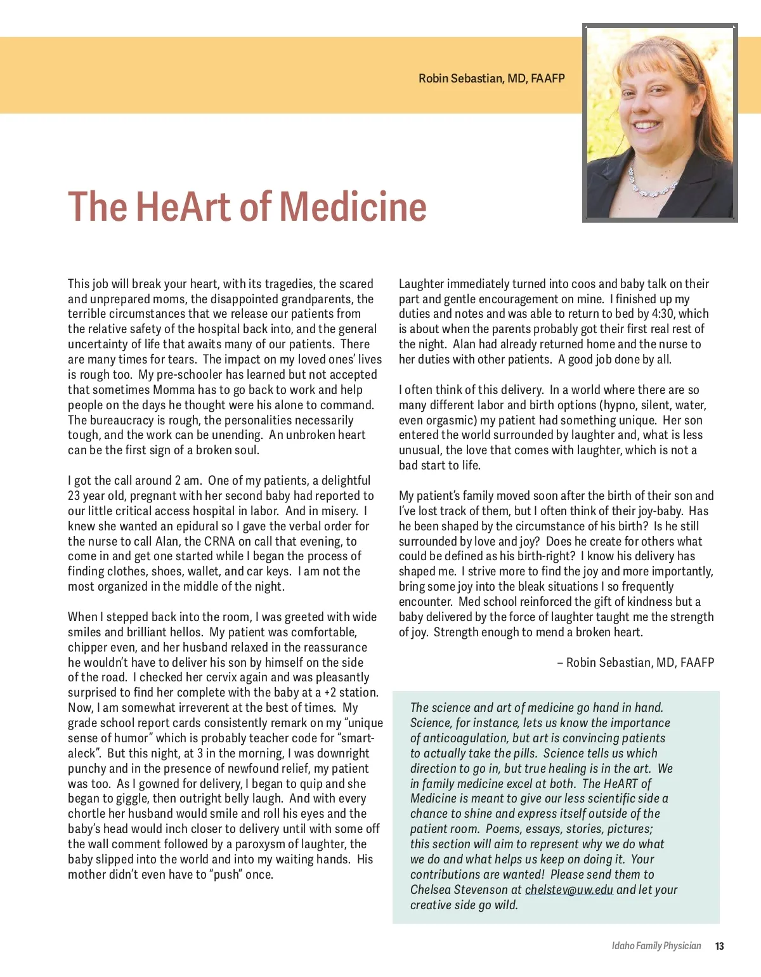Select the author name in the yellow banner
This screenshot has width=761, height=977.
pyautogui.click(x=491, y=79)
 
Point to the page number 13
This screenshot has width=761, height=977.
pyautogui.click(x=719, y=946)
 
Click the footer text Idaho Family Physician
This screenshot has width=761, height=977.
pyautogui.click(x=656, y=946)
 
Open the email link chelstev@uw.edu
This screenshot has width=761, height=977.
pyautogui.click(x=569, y=889)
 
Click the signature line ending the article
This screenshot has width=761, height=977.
pyautogui.click(x=635, y=662)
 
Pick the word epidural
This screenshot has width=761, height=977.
pyautogui.click(x=193, y=526)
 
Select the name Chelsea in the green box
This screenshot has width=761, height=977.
pyautogui.click(x=431, y=889)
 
